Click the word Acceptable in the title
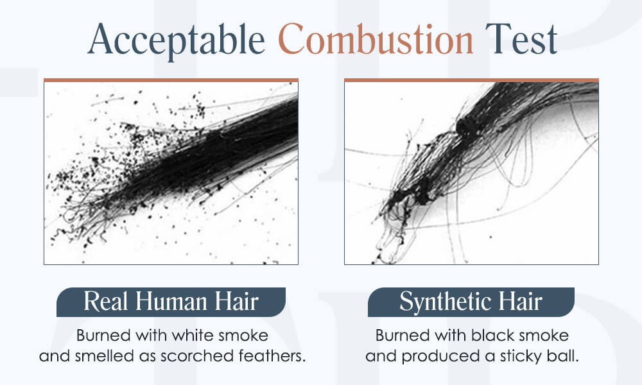point(176,40)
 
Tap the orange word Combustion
point(376,39)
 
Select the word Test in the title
point(521,39)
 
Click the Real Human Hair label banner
point(171,302)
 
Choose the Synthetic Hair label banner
point(471,302)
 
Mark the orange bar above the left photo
point(171,80)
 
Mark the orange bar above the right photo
point(471,80)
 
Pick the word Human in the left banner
point(171,302)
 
